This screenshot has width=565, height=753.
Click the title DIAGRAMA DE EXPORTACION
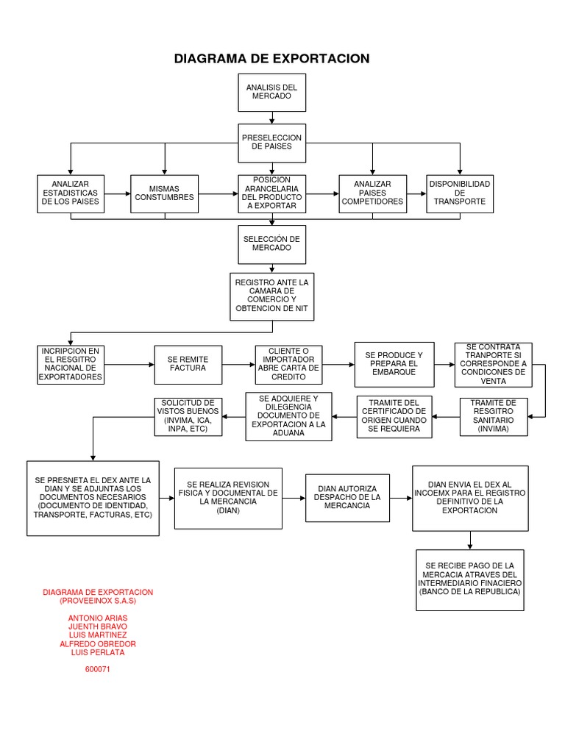[271, 59]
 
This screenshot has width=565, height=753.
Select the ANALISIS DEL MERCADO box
[271, 92]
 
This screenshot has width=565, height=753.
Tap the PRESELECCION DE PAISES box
[271, 142]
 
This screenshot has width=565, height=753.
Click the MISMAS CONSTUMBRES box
[165, 193]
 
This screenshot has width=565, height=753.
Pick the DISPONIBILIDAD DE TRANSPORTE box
[460, 193]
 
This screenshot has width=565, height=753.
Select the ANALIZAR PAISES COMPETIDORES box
[372, 193]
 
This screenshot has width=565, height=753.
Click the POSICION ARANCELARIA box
[271, 193]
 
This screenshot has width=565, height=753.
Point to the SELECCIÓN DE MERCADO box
[271, 244]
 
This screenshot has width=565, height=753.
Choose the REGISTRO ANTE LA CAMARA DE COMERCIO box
[271, 296]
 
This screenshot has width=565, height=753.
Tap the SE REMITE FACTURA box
[188, 364]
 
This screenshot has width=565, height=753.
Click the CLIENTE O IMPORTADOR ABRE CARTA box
[288, 364]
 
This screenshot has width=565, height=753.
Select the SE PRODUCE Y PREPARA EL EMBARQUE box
[394, 364]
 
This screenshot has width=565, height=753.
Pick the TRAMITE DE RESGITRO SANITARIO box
[493, 416]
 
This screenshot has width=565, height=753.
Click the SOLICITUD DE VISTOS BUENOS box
[187, 416]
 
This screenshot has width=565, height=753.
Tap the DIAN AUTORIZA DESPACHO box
[347, 498]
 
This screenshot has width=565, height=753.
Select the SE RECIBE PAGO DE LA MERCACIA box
[469, 579]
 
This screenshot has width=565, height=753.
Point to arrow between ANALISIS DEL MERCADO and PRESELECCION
[271, 118]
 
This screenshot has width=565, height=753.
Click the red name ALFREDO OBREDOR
[98, 643]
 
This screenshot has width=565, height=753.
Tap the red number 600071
[98, 669]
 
